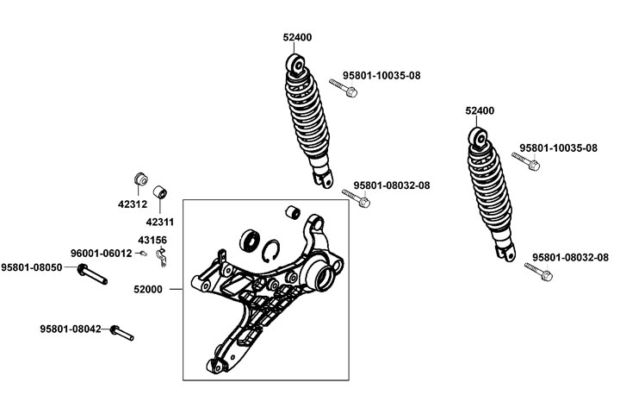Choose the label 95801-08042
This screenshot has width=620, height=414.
(71, 329)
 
